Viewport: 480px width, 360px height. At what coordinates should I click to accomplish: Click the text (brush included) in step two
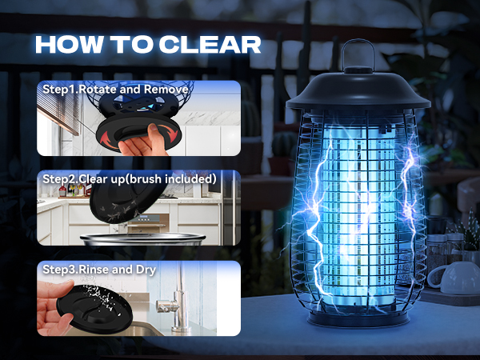[x=170, y=178]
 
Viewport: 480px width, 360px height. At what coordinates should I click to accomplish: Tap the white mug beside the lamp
[x=449, y=276]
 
